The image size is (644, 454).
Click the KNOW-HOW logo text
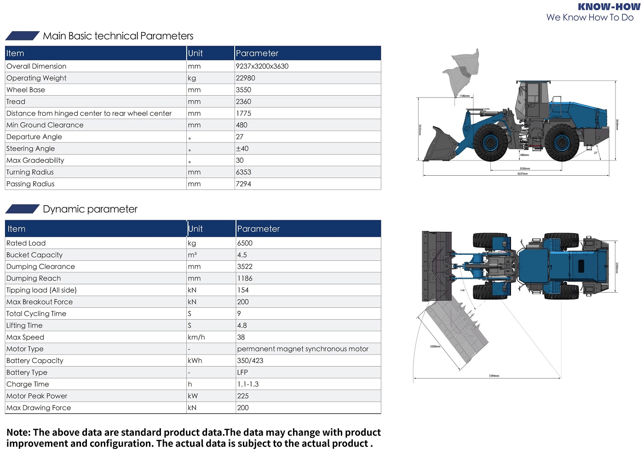coord(609,7)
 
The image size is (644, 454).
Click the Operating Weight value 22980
coord(245,78)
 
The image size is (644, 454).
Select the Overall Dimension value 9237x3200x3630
coord(262,66)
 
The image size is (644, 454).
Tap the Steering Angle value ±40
coord(242,149)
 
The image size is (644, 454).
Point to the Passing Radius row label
coord(30,184)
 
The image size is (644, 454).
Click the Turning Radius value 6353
coord(243,172)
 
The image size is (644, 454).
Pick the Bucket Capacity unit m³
coord(192,255)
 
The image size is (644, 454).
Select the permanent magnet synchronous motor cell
coord(303,349)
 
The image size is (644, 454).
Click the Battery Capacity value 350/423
coord(250,361)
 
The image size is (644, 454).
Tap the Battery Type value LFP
coord(242,373)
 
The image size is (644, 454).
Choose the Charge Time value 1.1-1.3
coord(248,384)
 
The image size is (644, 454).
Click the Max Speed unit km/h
coord(196,337)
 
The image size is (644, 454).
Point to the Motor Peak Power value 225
coord(243,396)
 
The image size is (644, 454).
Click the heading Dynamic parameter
coord(90,209)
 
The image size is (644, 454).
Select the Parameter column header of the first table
coord(257,53)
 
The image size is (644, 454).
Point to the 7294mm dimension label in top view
coord(494,376)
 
